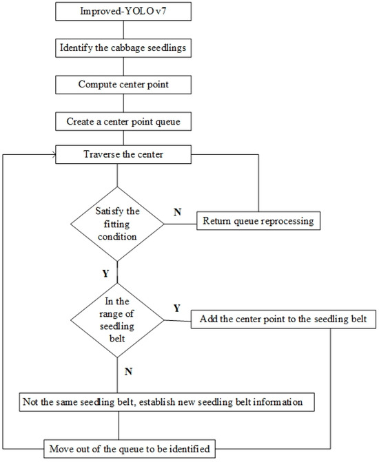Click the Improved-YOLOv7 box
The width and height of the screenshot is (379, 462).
pyautogui.click(x=123, y=12)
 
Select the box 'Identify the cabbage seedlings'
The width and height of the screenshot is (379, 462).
pyautogui.click(x=123, y=48)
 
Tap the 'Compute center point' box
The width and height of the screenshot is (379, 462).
pyautogui.click(x=123, y=85)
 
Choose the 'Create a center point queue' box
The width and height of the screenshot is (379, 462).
pyautogui.click(x=123, y=121)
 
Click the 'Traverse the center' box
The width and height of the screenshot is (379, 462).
pyautogui.click(x=123, y=154)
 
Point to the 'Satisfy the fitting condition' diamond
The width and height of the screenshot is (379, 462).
pyautogui.click(x=117, y=224)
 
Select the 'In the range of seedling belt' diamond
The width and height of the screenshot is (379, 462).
pyautogui.click(x=117, y=320)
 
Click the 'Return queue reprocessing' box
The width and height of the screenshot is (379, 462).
pyautogui.click(x=258, y=221)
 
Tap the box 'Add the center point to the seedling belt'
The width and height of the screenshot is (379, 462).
pyautogui.click(x=283, y=319)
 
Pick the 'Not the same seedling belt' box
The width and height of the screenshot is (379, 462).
pyautogui.click(x=167, y=402)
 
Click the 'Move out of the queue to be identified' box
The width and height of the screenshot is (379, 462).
pyautogui.click(x=130, y=449)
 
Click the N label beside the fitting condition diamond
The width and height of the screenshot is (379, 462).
pyautogui.click(x=177, y=212)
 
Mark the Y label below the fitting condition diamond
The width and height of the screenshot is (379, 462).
pyautogui.click(x=105, y=274)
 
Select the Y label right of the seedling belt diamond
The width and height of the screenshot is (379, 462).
pyautogui.click(x=176, y=308)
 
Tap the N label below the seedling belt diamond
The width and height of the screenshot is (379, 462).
pyautogui.click(x=128, y=372)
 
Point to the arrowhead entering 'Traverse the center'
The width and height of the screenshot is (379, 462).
pyautogui.click(x=54, y=154)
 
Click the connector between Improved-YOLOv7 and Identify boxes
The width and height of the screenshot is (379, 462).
pyautogui.click(x=123, y=30)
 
